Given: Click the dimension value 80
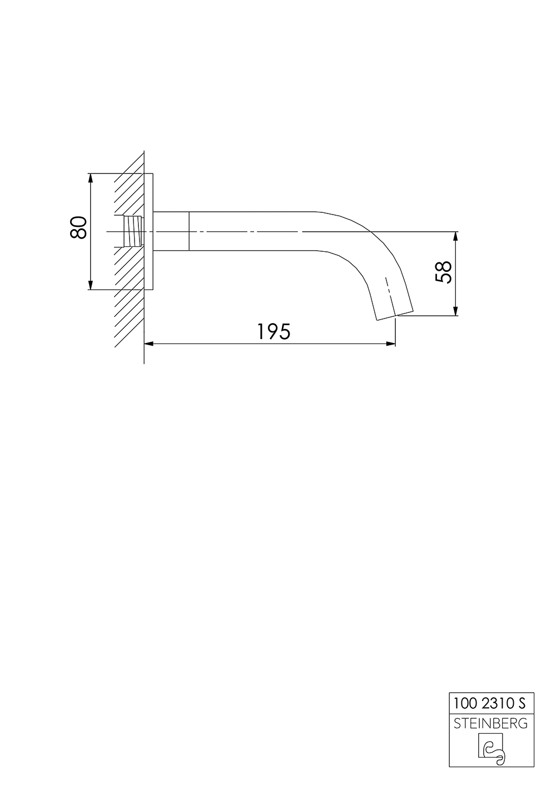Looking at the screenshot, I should pos(79,227).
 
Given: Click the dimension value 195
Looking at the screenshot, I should pos(274,332).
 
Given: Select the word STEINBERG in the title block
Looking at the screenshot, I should pos(491,723).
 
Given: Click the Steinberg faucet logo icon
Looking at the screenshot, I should pos(491,748).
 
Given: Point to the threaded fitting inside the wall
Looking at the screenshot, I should pos(132,231).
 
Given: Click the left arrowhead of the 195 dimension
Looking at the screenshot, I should pos(148,344).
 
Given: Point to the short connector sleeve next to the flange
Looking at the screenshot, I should pos(171,231).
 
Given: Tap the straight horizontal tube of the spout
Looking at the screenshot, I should pos(250,231).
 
